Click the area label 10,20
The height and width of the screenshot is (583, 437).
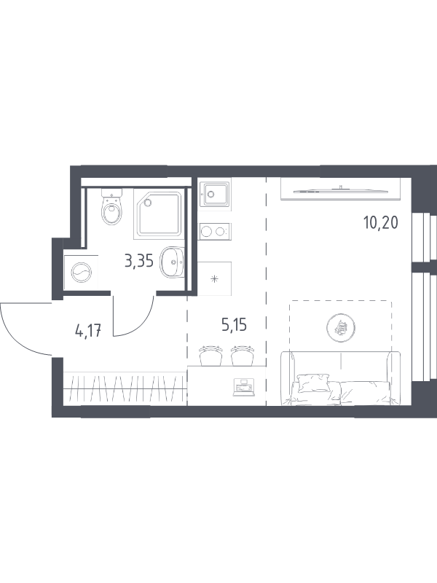pos(380,223)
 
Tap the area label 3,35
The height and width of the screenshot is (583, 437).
pos(139,262)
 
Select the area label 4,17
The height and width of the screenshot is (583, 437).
pos(88,330)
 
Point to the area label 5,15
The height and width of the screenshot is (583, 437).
pos(234,325)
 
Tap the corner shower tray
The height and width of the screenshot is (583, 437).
pos(158,214)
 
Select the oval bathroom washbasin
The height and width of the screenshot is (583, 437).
pos(172,262)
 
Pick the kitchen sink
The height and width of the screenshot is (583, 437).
pos(215,192)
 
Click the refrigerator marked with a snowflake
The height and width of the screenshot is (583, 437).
pos(215,278)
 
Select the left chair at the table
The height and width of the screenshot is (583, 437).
pos(210,356)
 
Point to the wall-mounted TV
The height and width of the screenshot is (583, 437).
pos(341,189)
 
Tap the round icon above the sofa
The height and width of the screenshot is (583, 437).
pos(341,327)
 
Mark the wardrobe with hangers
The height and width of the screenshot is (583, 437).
pos(125,388)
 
